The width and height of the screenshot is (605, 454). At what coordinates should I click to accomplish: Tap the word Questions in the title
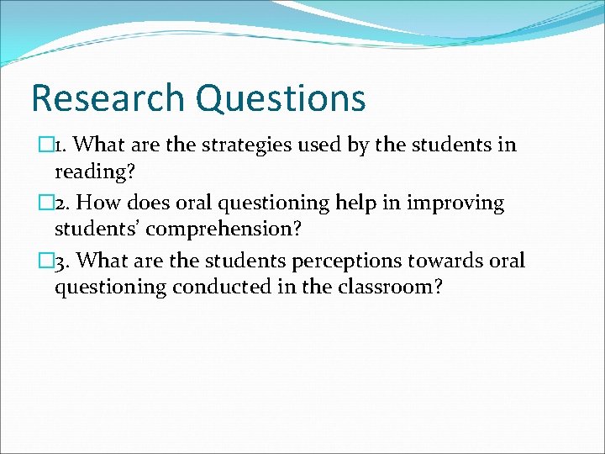tap(281, 99)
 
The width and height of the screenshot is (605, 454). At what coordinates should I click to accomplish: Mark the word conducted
tap(221, 288)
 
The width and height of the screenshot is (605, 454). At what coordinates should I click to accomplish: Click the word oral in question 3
tap(508, 261)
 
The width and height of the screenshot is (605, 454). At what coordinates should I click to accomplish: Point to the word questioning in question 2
tap(267, 204)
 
